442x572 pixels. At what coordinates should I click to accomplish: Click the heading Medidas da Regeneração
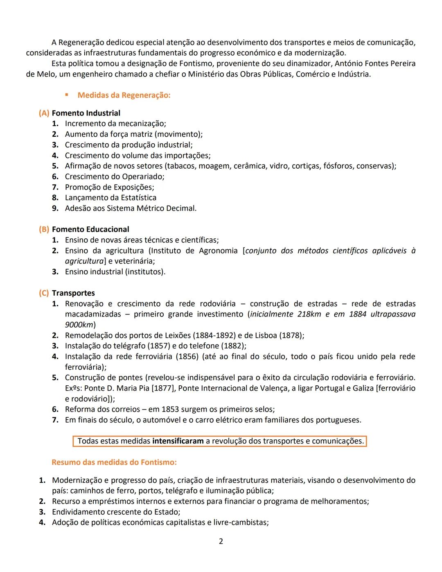click(124, 95)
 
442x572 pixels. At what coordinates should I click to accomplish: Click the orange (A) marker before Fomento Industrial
click(44, 113)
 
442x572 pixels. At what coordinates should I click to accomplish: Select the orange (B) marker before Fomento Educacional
click(44, 229)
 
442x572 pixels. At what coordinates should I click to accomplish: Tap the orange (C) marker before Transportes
click(44, 293)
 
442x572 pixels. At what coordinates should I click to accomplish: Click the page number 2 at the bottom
click(221, 541)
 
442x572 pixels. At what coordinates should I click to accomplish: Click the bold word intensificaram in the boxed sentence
click(178, 441)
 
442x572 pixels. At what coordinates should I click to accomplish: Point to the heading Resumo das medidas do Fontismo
click(114, 462)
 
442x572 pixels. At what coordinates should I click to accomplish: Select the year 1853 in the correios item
click(170, 409)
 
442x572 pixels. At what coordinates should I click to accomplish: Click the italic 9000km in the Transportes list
click(79, 325)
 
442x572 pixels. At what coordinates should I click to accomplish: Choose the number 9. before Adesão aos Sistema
click(55, 208)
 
